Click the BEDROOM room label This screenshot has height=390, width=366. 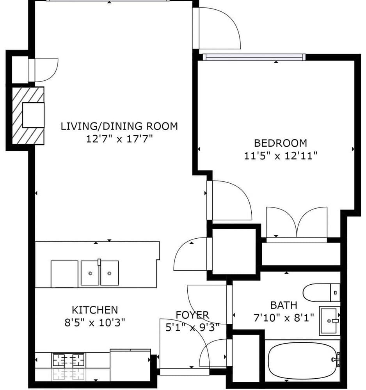281,143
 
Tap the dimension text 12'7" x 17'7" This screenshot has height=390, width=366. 119,139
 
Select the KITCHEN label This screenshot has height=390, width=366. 95,310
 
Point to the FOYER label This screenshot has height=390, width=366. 192,315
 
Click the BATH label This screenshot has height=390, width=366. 284,305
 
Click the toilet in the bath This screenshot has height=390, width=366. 321,292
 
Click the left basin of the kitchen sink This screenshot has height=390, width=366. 90,273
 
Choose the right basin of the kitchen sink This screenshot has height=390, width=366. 109,273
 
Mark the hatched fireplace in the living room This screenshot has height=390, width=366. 28,116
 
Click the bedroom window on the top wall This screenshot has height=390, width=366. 254,57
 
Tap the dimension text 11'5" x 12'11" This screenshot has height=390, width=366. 281,156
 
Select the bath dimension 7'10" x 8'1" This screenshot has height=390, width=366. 284,318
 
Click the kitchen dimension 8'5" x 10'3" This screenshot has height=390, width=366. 95,323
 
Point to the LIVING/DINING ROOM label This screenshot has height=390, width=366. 119,126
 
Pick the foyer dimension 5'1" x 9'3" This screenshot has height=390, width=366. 192,328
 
